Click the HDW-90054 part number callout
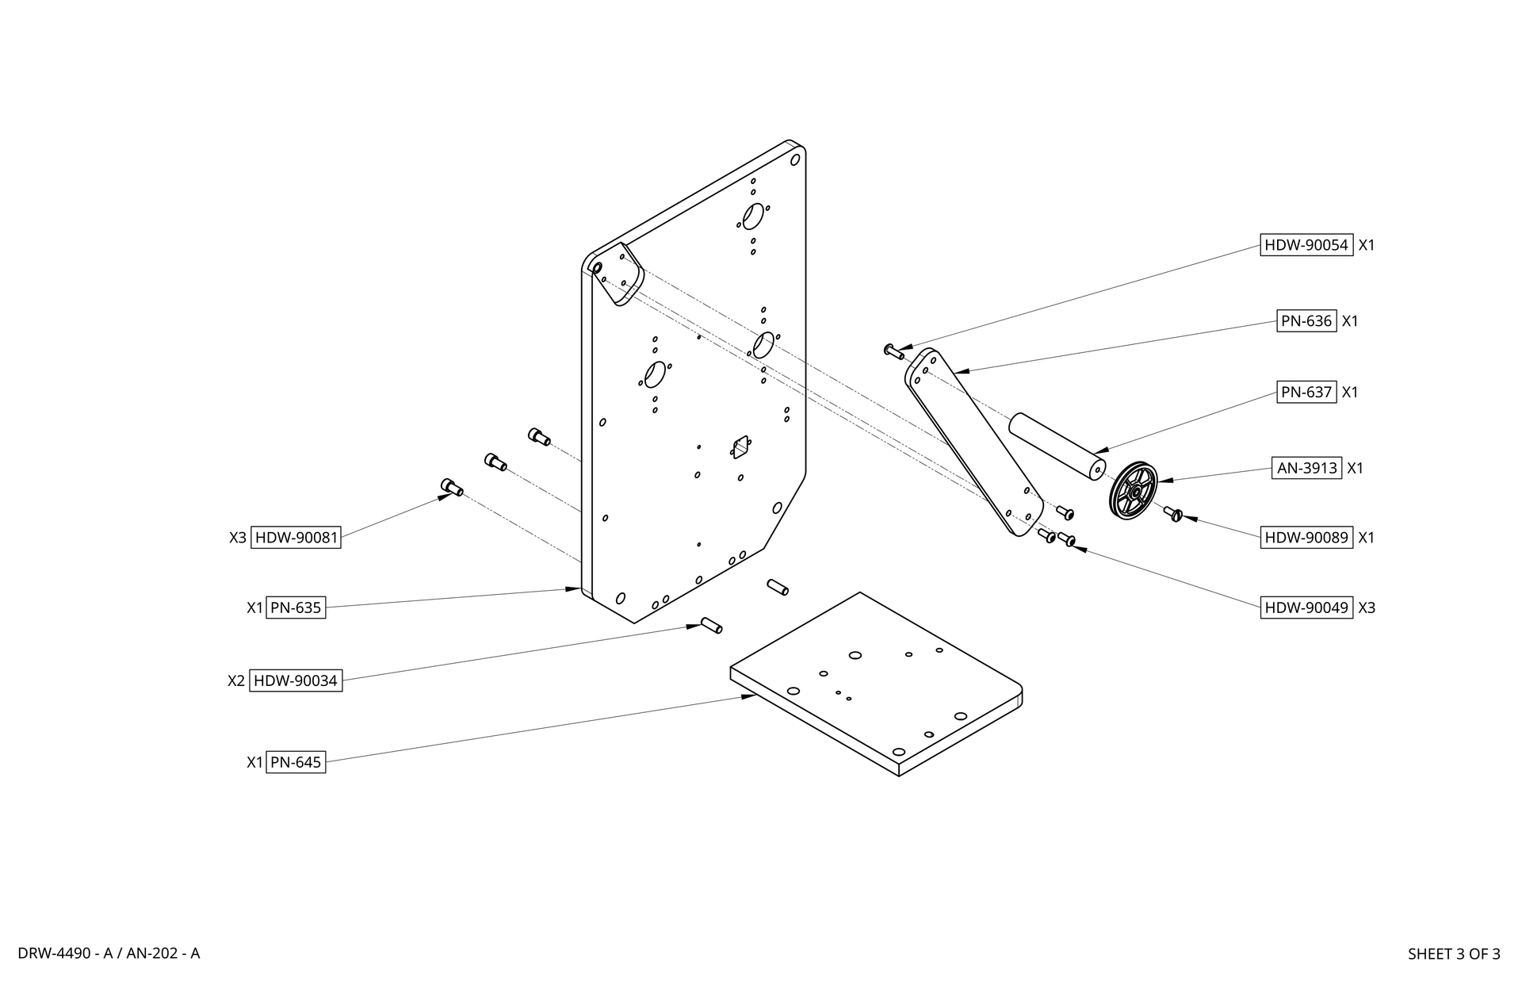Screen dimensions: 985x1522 click(1306, 245)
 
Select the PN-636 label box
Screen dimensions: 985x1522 click(1306, 321)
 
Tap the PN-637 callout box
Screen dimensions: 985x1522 click(1306, 392)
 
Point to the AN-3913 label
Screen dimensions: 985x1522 click(1306, 468)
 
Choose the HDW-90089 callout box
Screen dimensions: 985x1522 click(1306, 538)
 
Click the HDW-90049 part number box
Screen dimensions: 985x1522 click(1306, 608)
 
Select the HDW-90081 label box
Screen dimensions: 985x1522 click(296, 538)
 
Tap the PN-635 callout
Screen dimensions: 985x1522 click(296, 607)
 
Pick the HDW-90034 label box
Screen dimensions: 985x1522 click(295, 680)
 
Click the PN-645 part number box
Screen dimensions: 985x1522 click(296, 762)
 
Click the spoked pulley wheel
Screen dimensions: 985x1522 click(1134, 491)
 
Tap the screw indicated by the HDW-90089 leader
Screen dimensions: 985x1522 click(1173, 514)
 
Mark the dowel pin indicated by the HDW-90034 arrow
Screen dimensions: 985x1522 click(711, 625)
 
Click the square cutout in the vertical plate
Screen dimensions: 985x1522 click(740, 449)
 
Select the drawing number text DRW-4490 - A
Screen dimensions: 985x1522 click(63, 953)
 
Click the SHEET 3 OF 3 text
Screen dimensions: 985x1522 click(1453, 954)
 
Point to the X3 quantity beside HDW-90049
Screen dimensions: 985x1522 click(1367, 608)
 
